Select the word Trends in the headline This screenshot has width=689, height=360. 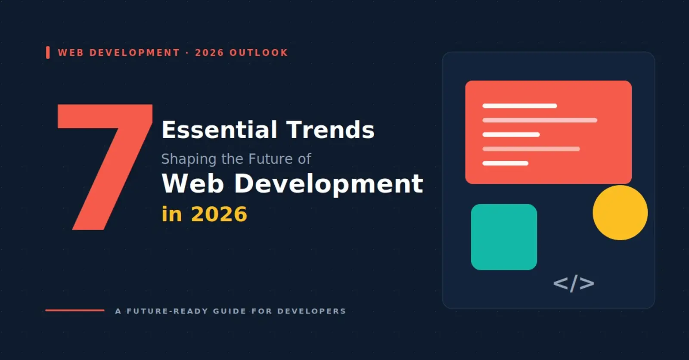[330, 130]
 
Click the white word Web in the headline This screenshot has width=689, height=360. [192, 183]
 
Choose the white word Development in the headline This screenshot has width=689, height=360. [329, 184]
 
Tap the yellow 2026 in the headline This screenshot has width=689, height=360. [219, 214]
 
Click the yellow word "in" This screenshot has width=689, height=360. [172, 214]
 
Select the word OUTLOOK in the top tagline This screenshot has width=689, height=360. [259, 53]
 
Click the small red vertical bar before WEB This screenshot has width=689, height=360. [48, 52]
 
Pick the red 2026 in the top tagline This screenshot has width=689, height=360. [209, 53]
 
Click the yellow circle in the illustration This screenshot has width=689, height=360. [620, 213]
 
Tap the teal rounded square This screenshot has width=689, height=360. [504, 237]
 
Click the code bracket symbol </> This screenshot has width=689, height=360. [574, 283]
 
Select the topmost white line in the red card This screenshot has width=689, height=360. [520, 106]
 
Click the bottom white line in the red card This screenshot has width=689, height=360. [506, 163]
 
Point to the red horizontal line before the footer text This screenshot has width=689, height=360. [75, 310]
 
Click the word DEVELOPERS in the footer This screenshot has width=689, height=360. [312, 311]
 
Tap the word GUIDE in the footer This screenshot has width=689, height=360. [230, 311]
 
